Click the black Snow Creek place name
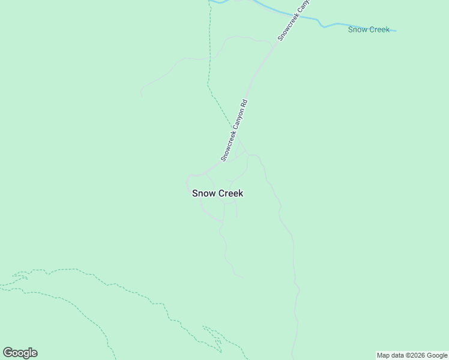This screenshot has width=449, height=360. click(217, 193)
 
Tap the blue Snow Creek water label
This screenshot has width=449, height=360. click(369, 29)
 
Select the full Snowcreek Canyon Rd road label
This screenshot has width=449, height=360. click(234, 131)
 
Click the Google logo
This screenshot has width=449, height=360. click(20, 353)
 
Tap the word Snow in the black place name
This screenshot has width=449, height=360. click(202, 193)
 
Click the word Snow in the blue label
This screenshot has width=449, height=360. click(357, 29)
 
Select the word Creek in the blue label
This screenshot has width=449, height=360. click(379, 29)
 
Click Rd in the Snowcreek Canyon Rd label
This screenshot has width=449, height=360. click(245, 103)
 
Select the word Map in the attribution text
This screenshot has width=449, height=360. click(384, 356)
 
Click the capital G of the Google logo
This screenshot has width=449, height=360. click(8, 353)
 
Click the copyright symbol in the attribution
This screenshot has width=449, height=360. click(409, 356)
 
